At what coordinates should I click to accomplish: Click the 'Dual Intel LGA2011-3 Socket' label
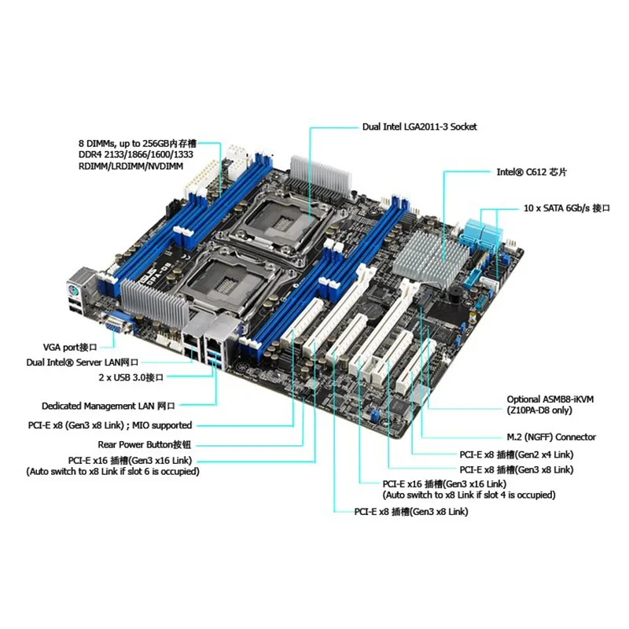pos(419,126)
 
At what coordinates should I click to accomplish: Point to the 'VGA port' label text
pos(68,346)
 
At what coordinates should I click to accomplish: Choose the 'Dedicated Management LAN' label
pos(109,406)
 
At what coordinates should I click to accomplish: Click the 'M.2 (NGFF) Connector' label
pos(550,437)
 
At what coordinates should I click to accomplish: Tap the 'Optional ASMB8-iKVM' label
pos(550,399)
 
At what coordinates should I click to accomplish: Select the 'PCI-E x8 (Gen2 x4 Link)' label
pos(517,454)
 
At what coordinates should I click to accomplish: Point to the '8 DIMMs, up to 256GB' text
pos(142,143)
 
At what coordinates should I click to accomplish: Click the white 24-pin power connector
pos(193,178)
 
